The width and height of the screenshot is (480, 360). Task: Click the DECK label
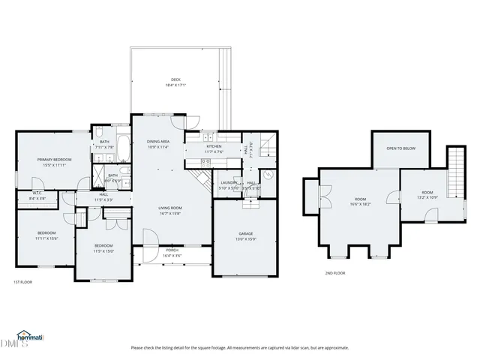click(175, 79)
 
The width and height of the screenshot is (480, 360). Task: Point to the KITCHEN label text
click(214, 146)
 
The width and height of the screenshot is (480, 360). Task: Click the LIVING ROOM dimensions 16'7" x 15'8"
click(170, 214)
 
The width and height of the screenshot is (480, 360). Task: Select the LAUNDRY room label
click(229, 182)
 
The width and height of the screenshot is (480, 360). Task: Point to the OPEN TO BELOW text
click(400, 148)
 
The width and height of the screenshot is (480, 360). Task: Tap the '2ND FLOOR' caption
click(334, 273)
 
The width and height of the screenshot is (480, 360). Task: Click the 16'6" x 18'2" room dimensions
click(360, 204)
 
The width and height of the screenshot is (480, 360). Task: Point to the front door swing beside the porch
click(151, 238)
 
